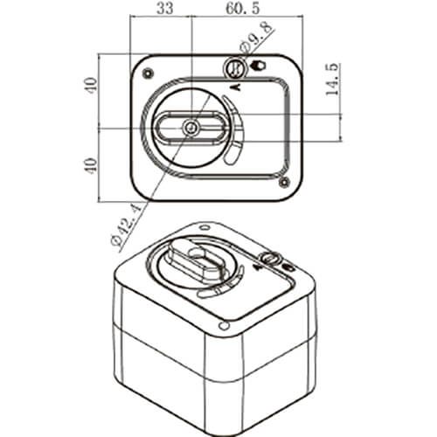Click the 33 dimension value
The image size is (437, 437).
pos(165,8)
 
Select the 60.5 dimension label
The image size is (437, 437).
pos(242,8)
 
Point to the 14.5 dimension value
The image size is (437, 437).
pos(332,79)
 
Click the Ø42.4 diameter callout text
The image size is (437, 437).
pos(126,225)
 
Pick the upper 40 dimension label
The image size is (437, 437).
pos(92,85)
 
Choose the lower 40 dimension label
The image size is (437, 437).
pos(92,166)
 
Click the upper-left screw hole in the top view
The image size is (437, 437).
pos(149,73)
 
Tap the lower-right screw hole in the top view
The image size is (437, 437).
pos(283,183)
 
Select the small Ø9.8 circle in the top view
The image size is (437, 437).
pos(235,69)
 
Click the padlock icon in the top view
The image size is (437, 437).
pos(258,66)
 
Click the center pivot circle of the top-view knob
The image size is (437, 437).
pos(191,128)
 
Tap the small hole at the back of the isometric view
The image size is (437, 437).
pos(205,227)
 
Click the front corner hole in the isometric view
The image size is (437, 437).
pos(224,326)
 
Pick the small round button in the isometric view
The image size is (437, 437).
pos(270,258)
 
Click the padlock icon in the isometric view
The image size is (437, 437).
pos(288,267)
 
